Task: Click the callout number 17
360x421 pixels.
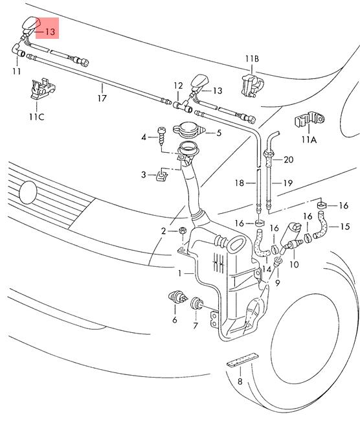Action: pyautogui.click(x=102, y=98)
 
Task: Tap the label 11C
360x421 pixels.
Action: pyautogui.click(x=37, y=117)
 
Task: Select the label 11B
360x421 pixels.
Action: pyautogui.click(x=252, y=58)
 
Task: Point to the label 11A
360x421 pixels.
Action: pyautogui.click(x=309, y=140)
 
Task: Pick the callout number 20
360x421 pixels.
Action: pyautogui.click(x=288, y=159)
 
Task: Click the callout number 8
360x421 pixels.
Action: pyautogui.click(x=240, y=381)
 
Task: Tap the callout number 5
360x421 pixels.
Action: pyautogui.click(x=219, y=133)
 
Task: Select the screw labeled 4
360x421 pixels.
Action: pyautogui.click(x=161, y=136)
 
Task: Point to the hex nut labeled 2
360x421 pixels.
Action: pyautogui.click(x=182, y=231)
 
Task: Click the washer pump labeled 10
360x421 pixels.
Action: pyautogui.click(x=290, y=236)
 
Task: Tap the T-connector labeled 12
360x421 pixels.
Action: pyautogui.click(x=183, y=106)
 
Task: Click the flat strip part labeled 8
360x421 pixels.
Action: pyautogui.click(x=242, y=359)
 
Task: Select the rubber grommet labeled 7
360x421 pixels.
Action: pyautogui.click(x=196, y=303)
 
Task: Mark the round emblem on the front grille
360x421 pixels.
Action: pyautogui.click(x=28, y=192)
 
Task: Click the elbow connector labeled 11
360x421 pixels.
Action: pyautogui.click(x=18, y=51)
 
